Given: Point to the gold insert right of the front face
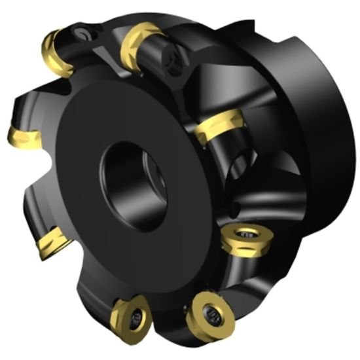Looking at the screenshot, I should point(219,128).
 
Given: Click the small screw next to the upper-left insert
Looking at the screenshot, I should point(84,31).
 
